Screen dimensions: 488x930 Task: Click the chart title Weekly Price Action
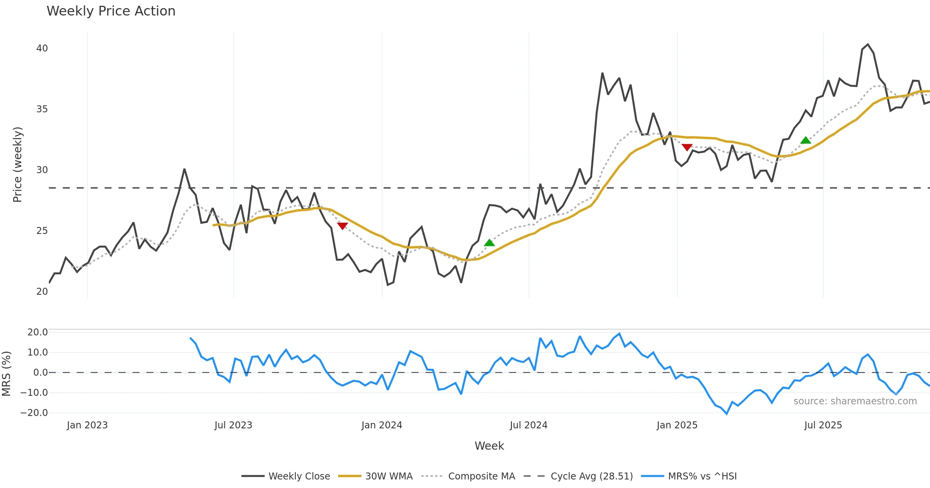[x=111, y=11]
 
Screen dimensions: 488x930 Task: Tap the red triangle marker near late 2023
[x=342, y=226]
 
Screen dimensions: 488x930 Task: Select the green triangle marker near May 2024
[x=489, y=243]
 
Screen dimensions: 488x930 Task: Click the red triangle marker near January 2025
[x=687, y=147]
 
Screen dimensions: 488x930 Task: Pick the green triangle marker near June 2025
[x=806, y=140]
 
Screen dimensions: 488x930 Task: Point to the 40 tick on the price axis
[x=42, y=48]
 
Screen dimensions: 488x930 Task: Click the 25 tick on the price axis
[x=42, y=231]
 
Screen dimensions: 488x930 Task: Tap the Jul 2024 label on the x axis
[x=529, y=425]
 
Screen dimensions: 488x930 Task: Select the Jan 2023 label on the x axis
[x=87, y=425]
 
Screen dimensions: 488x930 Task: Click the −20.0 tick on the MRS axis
[x=34, y=413]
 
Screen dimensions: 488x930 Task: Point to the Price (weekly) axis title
[x=18, y=165]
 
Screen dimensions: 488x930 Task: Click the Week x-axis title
[x=489, y=446]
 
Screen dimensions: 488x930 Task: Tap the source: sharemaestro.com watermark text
[x=855, y=401]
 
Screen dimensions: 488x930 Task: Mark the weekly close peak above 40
[x=868, y=45]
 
